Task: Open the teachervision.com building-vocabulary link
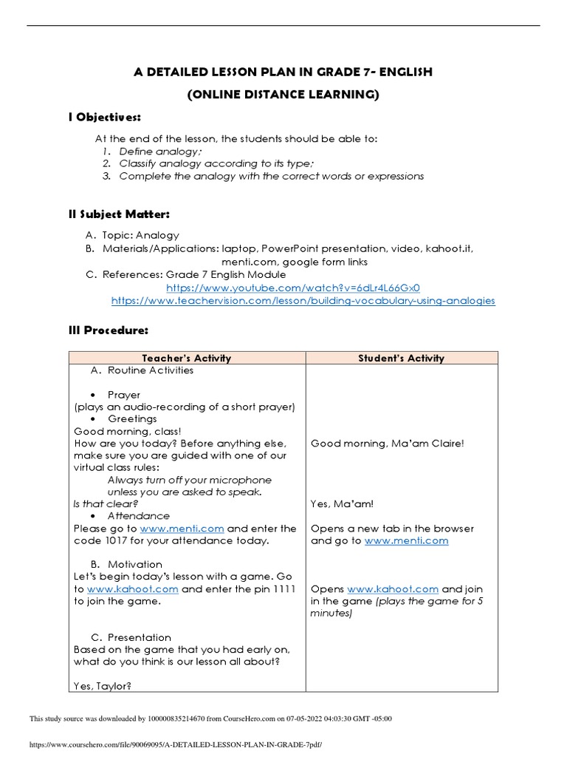[x=303, y=302]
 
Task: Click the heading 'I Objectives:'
[x=104, y=118]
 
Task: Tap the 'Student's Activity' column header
[x=401, y=358]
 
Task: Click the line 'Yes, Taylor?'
[x=103, y=686]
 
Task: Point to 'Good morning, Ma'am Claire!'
[x=387, y=444]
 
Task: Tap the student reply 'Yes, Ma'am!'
[x=342, y=504]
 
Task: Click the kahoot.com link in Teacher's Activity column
[x=133, y=589]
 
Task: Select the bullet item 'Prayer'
[x=123, y=395]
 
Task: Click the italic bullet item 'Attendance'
[x=138, y=516]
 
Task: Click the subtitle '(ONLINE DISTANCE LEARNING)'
[x=283, y=95]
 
